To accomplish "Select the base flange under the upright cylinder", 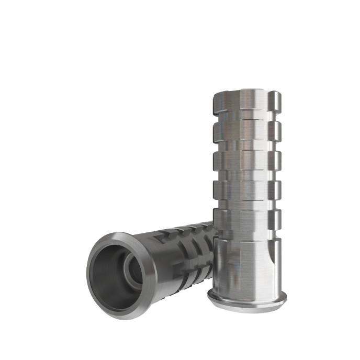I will pos(246,299).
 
